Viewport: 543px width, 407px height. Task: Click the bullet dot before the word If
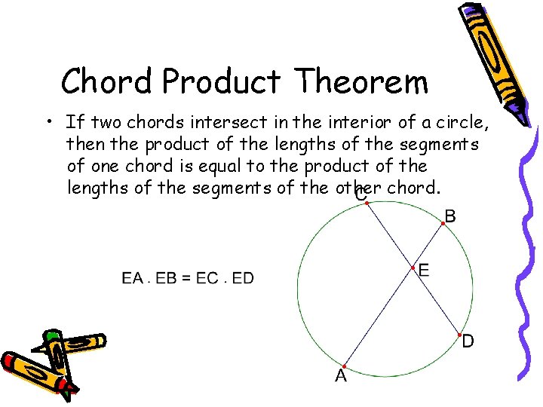[x=48, y=121]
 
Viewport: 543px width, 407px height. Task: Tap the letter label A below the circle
[x=341, y=376]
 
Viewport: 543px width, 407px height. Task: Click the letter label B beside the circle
[x=450, y=217]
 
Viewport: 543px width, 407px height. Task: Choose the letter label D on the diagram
[x=468, y=342]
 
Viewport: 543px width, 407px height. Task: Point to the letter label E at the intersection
[x=424, y=270]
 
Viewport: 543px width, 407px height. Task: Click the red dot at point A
[x=343, y=366]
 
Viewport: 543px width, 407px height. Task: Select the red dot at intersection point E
[x=413, y=268]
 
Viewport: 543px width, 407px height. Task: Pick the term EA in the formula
[x=132, y=279]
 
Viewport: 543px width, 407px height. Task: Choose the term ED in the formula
[x=243, y=279]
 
